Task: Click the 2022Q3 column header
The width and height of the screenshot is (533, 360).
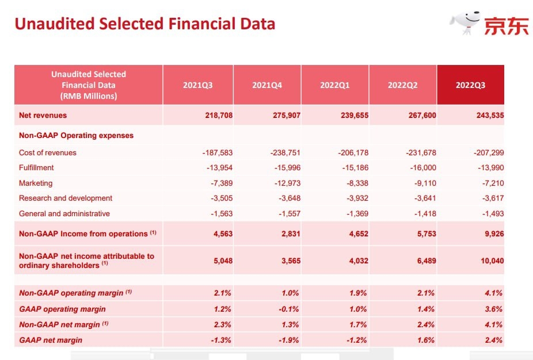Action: coord(470,85)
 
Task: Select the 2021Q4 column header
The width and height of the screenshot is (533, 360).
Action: coord(267,85)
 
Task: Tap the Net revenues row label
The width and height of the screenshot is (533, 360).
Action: coord(43,115)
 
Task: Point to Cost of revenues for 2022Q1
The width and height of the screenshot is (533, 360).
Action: coord(352,153)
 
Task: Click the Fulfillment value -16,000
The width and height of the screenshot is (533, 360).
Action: coord(421,168)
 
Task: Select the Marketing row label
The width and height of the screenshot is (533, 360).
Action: coord(36,183)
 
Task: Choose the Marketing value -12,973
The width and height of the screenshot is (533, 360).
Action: coord(286,183)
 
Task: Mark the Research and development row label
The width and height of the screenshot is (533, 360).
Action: coord(66,198)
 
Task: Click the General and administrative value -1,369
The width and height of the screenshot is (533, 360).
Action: coord(355,214)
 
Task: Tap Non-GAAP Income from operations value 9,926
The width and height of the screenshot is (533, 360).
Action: coord(492,234)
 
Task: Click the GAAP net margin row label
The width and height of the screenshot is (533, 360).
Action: coord(51,340)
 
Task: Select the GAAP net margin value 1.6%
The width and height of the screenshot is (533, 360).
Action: coord(426,340)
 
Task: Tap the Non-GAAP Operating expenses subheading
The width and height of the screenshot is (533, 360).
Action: coord(76,136)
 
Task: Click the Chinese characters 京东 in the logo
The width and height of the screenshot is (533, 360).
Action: coord(506,26)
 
